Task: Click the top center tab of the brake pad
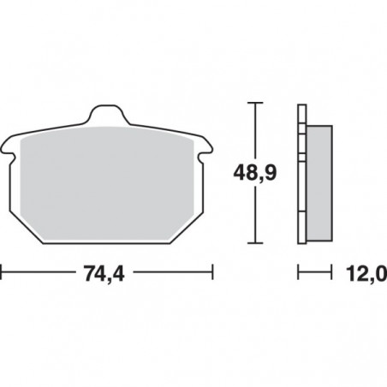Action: pyautogui.click(x=106, y=113)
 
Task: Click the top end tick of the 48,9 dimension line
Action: pyautogui.click(x=253, y=103)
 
